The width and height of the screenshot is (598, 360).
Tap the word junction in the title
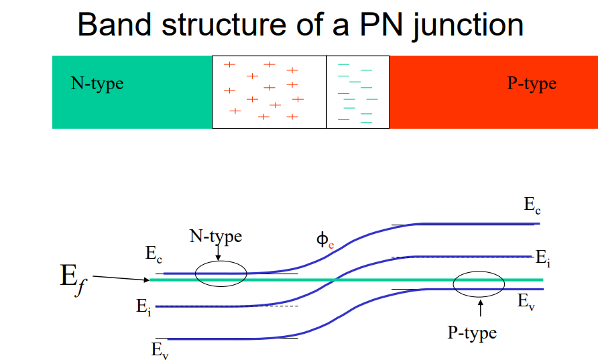pos(469,27)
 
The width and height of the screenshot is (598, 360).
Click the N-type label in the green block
pos(97,84)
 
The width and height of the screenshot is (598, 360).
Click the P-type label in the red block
pos(532,84)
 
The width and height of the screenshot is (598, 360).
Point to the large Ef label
pos(74,279)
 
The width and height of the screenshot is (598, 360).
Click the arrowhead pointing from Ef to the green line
pos(147,280)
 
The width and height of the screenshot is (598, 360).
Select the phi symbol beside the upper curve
pos(322,240)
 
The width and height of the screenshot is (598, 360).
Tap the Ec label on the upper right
pos(532,206)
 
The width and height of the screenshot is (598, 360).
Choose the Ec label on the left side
pos(154,254)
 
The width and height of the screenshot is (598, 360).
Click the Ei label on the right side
pos(543,258)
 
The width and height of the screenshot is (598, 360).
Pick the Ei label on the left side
pos(143,307)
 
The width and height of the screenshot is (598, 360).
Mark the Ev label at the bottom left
pos(160,351)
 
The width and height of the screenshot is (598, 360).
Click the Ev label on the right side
pos(526,302)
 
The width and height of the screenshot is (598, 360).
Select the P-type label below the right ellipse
pos(472,333)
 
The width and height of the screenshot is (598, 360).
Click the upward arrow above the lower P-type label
pos(480,308)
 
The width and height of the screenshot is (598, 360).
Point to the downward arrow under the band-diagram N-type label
pos(218,253)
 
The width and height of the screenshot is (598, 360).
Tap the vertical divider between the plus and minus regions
pos(326,92)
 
